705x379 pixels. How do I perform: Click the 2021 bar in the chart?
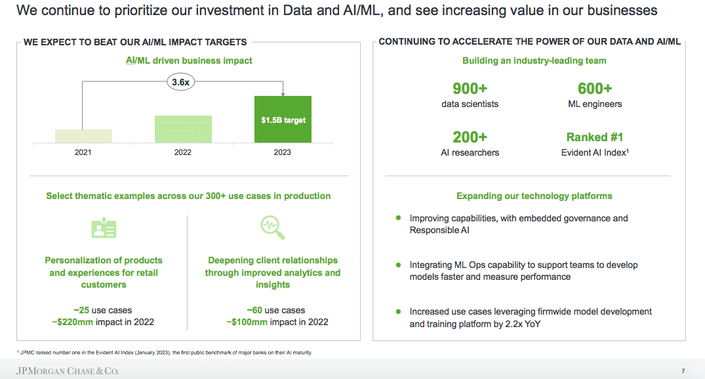click(x=84, y=136)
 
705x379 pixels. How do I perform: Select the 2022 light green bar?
click(x=183, y=129)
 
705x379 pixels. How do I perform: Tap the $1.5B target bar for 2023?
click(x=283, y=120)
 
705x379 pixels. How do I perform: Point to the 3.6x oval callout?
click(x=181, y=82)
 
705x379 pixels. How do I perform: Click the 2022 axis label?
click(x=182, y=152)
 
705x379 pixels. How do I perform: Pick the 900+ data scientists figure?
click(x=470, y=89)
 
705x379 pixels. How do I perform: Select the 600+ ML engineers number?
click(x=595, y=89)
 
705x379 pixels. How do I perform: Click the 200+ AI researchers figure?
click(x=470, y=137)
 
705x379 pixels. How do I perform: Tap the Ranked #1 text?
click(x=595, y=137)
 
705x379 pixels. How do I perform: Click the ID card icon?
click(x=104, y=228)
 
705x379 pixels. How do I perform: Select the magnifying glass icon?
click(x=272, y=227)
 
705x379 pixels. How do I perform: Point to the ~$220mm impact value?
click(x=72, y=322)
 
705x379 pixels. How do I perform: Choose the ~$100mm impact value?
click(x=247, y=322)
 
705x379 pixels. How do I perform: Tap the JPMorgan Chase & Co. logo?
click(x=68, y=371)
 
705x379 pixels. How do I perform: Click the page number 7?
click(x=683, y=371)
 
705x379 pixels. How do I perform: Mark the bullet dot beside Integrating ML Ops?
click(x=398, y=265)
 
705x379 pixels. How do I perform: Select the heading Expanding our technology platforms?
click(x=534, y=196)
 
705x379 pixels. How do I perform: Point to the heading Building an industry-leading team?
click(x=534, y=61)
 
